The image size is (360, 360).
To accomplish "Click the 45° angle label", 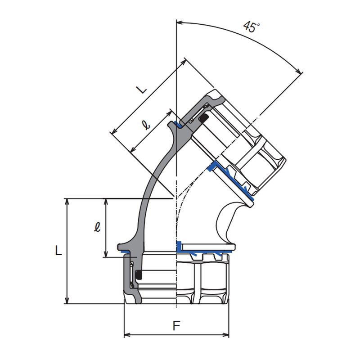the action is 252,27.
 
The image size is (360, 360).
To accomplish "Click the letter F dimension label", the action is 176,325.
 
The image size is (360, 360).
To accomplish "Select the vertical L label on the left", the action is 58,250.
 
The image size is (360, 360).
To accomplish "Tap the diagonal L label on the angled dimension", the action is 142,90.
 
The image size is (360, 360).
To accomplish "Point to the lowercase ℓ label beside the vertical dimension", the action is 97,227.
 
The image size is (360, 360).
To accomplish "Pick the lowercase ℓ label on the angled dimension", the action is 146,125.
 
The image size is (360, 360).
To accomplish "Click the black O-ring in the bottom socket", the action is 139,275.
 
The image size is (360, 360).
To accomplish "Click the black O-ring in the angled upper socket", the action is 203,118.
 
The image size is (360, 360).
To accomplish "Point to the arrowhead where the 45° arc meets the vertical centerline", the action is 179,22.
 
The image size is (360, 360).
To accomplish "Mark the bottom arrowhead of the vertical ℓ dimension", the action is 106,254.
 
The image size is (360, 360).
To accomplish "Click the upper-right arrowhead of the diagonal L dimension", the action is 184,62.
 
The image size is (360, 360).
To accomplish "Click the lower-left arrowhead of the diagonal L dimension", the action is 114,131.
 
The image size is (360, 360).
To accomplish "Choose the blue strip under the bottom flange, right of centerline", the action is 202,252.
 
